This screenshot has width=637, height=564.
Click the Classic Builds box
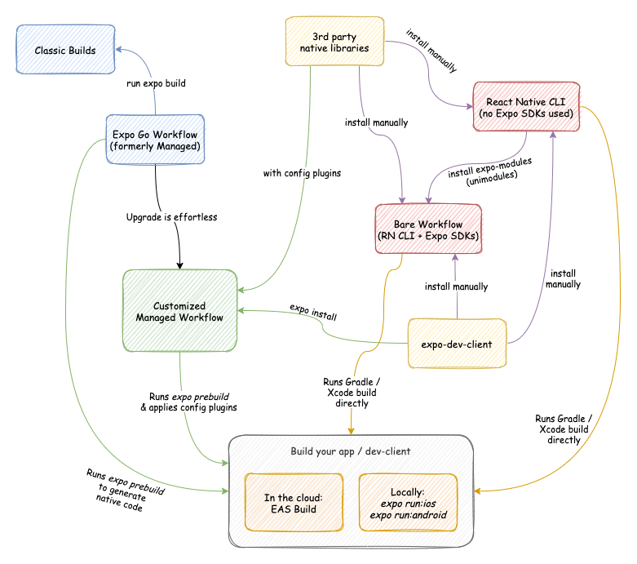point(64,51)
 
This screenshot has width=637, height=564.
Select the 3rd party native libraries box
point(334,42)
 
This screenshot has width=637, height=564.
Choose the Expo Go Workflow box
point(154,139)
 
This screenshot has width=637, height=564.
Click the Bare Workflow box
point(427,230)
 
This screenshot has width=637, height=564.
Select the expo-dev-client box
point(456,344)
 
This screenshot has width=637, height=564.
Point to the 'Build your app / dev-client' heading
point(351,451)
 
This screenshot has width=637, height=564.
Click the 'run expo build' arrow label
point(155,84)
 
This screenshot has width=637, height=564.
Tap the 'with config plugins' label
point(301,173)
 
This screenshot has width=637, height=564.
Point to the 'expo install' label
point(313,312)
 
